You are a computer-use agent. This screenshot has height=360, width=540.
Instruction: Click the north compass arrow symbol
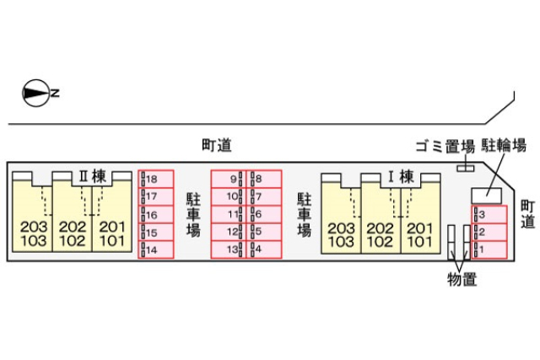click(36, 93)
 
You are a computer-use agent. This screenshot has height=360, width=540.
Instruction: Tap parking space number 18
click(156, 179)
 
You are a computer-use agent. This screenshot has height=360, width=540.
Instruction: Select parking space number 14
click(156, 250)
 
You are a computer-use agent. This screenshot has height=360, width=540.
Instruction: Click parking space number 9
click(228, 179)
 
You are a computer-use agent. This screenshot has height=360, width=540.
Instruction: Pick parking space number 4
click(263, 250)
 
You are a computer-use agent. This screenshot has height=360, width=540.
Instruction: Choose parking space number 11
click(228, 214)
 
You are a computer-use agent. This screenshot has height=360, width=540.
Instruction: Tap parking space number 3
click(489, 215)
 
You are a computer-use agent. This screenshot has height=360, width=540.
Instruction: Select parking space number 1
click(489, 250)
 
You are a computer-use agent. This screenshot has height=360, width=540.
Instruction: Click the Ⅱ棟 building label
click(92, 176)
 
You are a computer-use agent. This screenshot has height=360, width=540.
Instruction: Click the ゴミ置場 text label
click(445, 145)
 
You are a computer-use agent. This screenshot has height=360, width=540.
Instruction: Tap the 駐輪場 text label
click(504, 145)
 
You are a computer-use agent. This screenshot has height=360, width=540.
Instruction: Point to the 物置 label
click(462, 279)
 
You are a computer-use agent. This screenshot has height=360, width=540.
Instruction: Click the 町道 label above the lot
click(217, 144)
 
